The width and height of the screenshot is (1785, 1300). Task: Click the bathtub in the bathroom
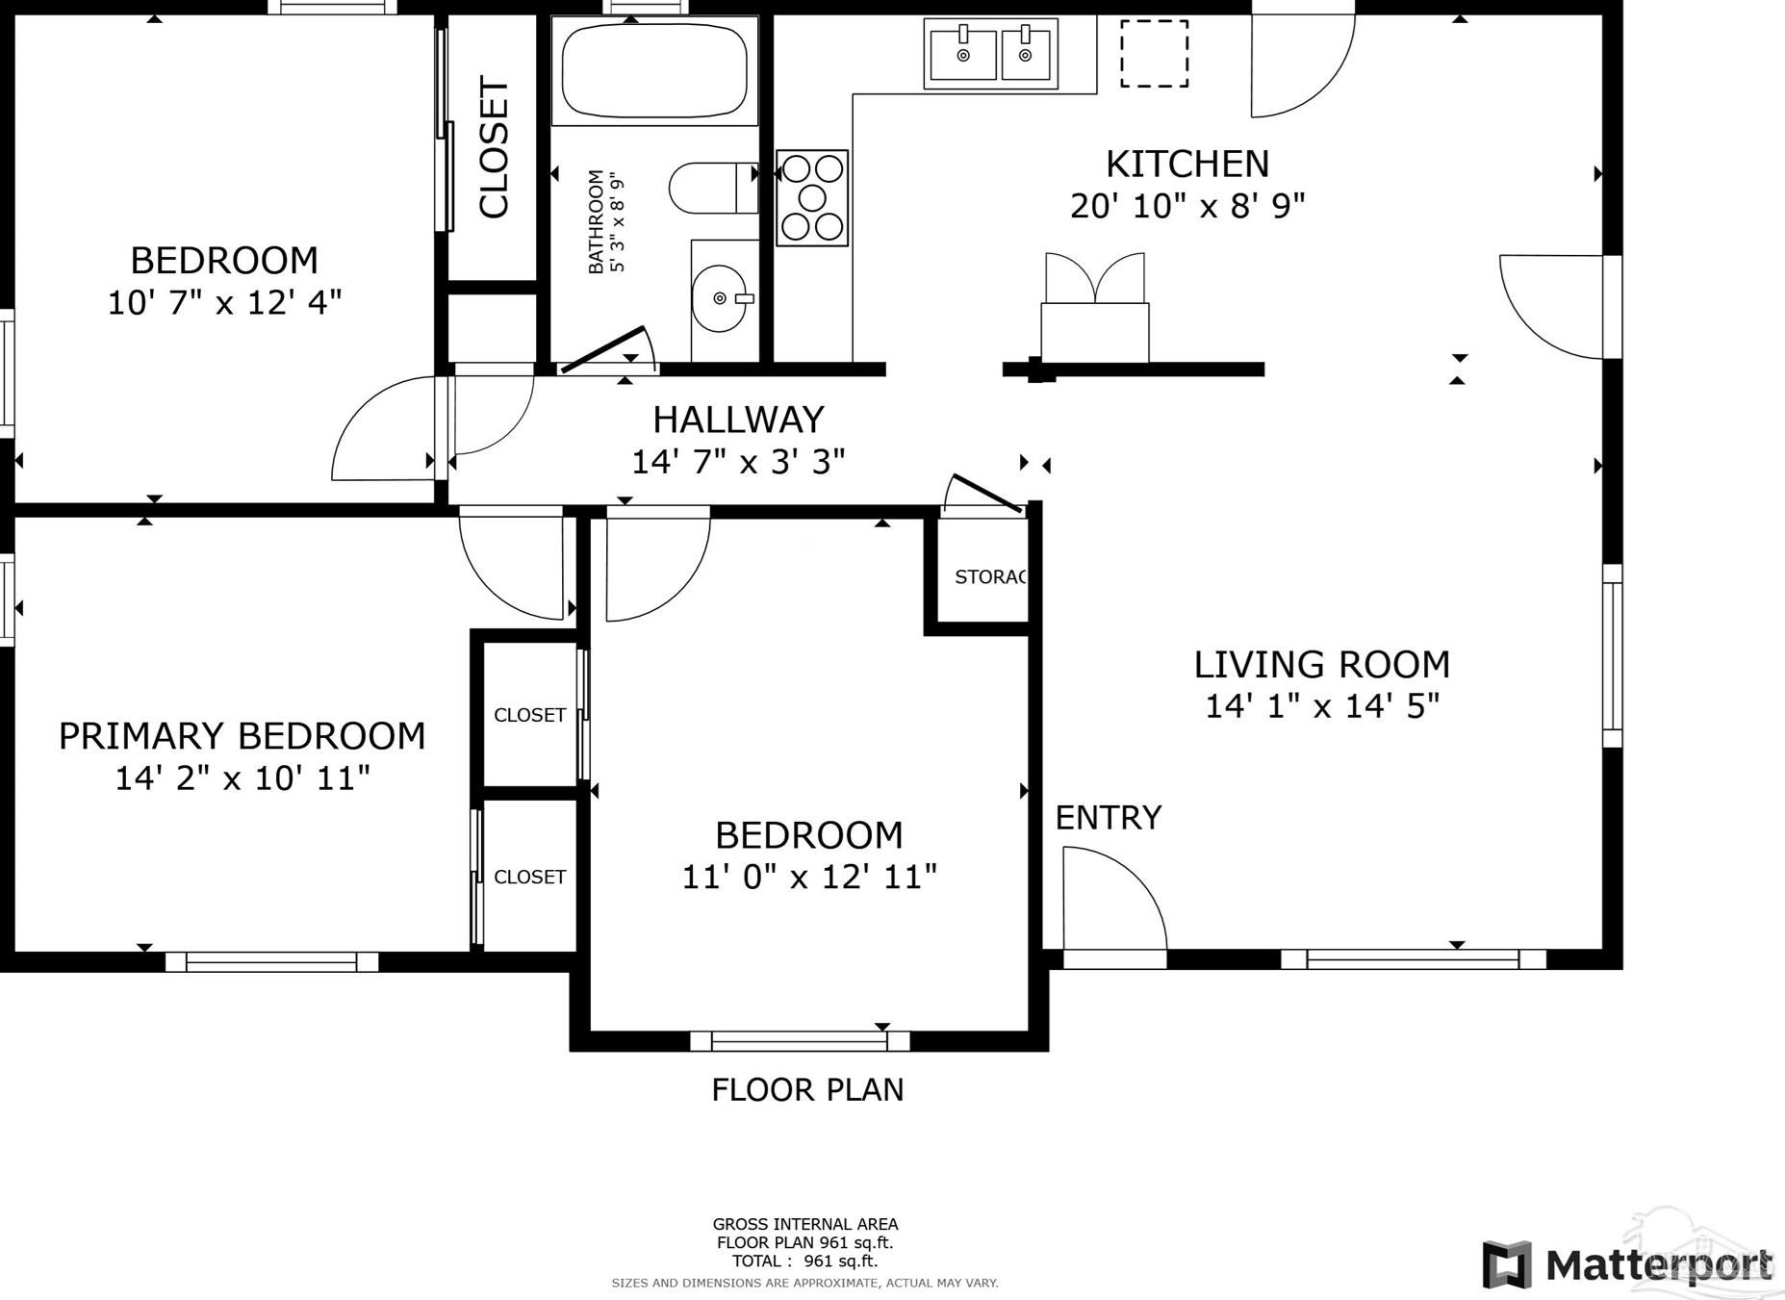pos(654,70)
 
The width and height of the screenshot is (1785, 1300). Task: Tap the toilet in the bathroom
pos(713,189)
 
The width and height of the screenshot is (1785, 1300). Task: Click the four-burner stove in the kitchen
pos(812,197)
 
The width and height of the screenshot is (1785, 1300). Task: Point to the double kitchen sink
pos(991,54)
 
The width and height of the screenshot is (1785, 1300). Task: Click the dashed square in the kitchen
pos(1154,54)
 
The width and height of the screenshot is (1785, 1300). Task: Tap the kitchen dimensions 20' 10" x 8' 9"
pos(1187,206)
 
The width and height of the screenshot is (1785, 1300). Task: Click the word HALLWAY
pos(738,420)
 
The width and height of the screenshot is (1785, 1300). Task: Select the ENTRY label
pos(1109,817)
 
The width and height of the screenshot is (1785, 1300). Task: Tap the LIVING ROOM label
pos(1321,664)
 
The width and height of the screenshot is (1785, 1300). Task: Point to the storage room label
pos(990,576)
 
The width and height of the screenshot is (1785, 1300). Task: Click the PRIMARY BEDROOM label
pos(242,735)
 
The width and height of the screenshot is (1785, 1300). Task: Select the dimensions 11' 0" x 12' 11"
pos(809,877)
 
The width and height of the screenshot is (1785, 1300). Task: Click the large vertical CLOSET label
pos(494,148)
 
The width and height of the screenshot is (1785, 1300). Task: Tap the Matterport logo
pos(1628,1264)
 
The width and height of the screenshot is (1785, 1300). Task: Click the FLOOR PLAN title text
pos(807,1089)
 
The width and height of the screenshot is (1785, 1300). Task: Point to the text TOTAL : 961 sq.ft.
pos(804,1261)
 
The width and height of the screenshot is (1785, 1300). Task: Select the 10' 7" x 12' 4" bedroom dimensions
pos(224,303)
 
